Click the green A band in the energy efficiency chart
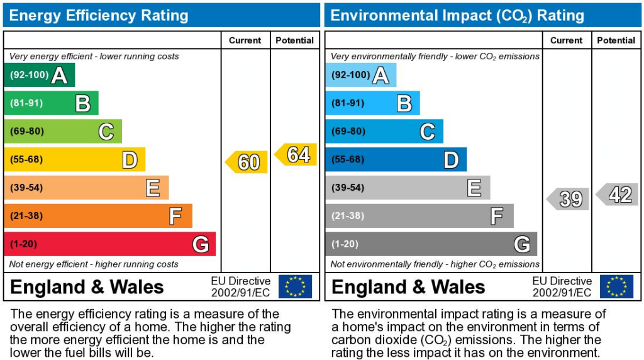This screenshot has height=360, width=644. click(x=39, y=75)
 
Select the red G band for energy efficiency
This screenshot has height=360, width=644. click(x=109, y=244)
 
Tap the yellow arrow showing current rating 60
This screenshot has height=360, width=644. click(x=247, y=162)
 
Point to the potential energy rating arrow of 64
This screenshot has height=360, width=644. click(x=296, y=155)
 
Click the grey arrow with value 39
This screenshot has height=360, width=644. click(x=568, y=199)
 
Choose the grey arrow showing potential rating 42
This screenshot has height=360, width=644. click(x=618, y=194)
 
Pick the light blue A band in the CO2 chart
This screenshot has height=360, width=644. click(x=360, y=75)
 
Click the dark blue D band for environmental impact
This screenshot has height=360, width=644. click(x=396, y=159)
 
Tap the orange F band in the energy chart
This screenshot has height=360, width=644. click(x=97, y=216)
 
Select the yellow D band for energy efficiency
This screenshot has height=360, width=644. click(x=74, y=159)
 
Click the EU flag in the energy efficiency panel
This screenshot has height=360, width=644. click(x=295, y=286)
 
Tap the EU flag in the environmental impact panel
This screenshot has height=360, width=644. click(x=616, y=286)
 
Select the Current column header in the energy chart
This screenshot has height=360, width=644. click(x=245, y=40)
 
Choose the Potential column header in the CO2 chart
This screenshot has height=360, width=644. click(x=616, y=40)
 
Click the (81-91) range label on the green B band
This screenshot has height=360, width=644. click(x=26, y=103)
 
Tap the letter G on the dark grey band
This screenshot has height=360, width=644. click(x=521, y=244)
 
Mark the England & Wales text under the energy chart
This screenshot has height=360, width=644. click(x=87, y=287)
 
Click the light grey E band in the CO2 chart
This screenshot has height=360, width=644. click(x=408, y=188)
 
